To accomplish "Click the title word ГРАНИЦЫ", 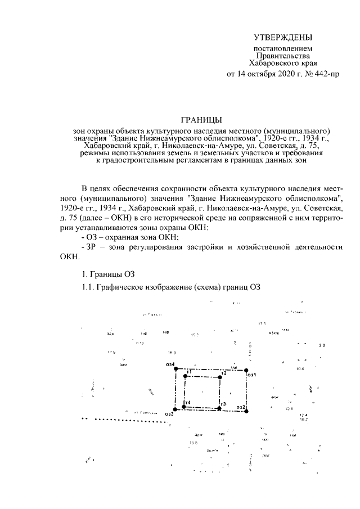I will [201, 119].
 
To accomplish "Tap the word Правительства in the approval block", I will [282, 56].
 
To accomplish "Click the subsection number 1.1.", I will [88, 287].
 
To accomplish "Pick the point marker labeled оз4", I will [175, 369].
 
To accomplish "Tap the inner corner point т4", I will [184, 407].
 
